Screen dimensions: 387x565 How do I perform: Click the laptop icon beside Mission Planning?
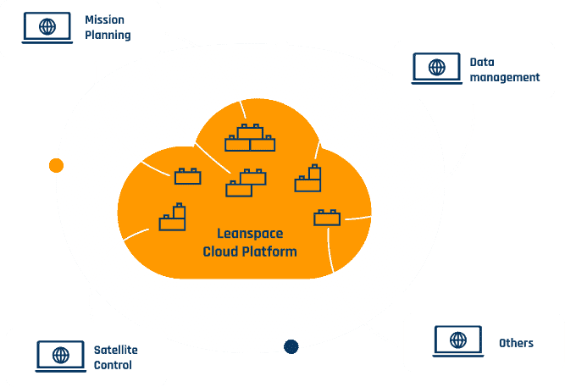(47, 28)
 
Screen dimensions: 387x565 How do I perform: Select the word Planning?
(108, 36)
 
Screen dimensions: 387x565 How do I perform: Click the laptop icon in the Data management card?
(437, 68)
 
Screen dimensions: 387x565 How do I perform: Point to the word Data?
(482, 61)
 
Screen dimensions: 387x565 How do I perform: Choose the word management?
(505, 77)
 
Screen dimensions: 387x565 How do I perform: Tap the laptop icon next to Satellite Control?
(59, 357)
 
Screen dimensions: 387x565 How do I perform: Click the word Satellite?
(116, 349)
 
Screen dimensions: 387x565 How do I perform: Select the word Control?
(113, 366)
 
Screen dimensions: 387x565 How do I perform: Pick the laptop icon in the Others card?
(458, 341)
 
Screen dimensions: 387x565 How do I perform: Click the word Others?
(516, 343)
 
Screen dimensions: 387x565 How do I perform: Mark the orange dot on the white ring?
(57, 165)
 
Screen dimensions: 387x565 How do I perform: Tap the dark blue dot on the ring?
(291, 346)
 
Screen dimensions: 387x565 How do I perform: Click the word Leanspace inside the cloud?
(250, 234)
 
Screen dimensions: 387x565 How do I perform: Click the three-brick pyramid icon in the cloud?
(250, 138)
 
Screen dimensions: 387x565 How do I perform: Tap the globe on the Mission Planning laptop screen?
(47, 26)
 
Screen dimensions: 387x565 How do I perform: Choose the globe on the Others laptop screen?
(458, 340)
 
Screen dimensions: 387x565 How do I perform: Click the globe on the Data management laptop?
(437, 66)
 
